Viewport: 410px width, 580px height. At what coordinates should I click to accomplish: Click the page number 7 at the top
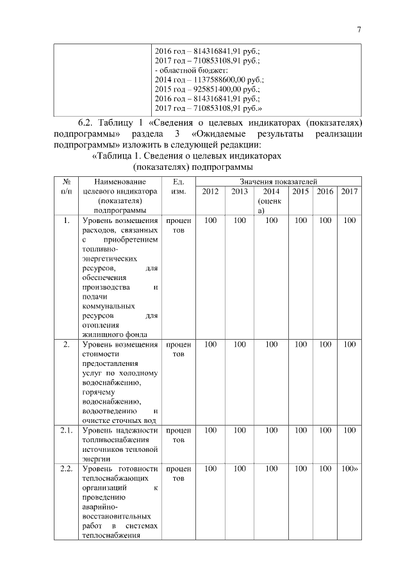[x=359, y=29]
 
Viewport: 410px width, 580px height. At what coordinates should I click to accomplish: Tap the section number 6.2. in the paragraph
[x=87, y=122]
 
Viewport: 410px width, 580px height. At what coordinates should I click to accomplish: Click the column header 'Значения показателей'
[x=279, y=182]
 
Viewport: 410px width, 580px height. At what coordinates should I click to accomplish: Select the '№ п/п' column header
[x=65, y=186]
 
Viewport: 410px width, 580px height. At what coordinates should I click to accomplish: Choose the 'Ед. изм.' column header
[x=179, y=186]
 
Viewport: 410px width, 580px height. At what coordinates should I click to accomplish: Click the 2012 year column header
[x=210, y=192]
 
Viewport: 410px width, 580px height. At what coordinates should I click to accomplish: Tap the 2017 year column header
[x=349, y=192]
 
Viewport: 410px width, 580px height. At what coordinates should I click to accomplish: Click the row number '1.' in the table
[x=66, y=221]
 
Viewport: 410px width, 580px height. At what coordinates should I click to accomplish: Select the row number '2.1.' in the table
[x=66, y=430]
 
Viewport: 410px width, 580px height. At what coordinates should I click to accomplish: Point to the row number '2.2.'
[x=66, y=469]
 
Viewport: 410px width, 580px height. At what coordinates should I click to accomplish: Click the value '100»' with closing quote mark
[x=350, y=469]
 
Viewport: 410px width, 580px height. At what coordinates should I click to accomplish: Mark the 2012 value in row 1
[x=210, y=221]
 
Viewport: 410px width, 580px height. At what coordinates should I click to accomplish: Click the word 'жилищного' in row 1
[x=101, y=334]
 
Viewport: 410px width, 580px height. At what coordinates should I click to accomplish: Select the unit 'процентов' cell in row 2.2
[x=179, y=474]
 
